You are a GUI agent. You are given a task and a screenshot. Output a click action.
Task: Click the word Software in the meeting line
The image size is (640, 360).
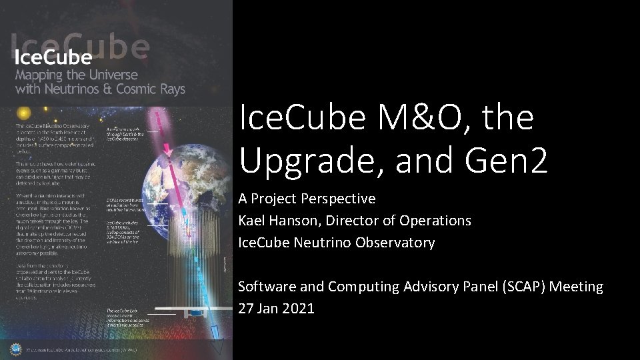point(267,287)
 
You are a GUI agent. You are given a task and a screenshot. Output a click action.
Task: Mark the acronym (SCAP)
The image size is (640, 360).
point(508,287)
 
